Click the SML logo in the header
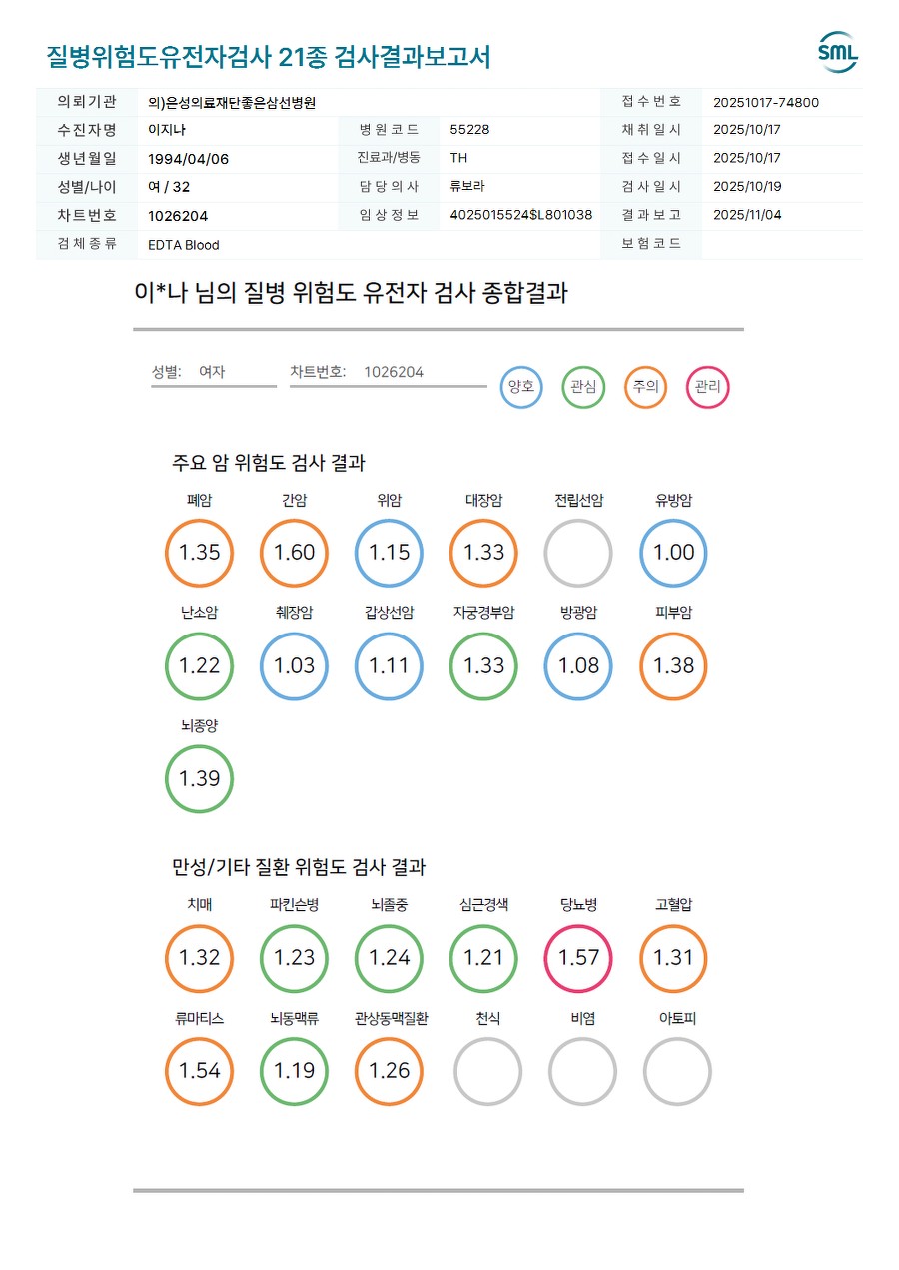tap(837, 53)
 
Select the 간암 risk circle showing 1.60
tap(294, 553)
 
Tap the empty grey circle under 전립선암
tap(578, 553)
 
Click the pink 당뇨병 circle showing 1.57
tap(578, 958)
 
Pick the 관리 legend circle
tap(708, 387)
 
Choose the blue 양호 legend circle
tap(521, 387)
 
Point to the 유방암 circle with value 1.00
tap(673, 553)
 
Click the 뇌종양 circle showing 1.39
tap(199, 779)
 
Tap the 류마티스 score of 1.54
tap(199, 1071)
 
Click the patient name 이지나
tap(167, 130)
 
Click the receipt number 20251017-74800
tap(766, 102)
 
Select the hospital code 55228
tap(469, 130)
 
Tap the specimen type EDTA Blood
tap(183, 245)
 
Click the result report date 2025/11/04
tap(747, 215)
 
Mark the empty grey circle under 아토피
tap(677, 1071)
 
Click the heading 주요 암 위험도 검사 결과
tap(269, 464)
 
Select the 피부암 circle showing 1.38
tap(673, 666)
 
